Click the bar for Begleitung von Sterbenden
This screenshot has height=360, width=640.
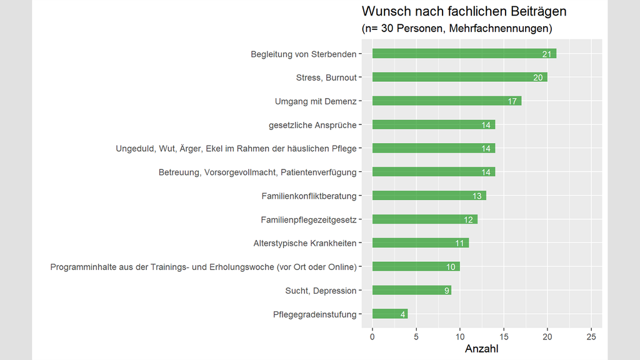[464, 54]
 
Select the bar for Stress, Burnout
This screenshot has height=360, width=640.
[459, 77]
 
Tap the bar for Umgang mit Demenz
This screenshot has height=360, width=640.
[446, 101]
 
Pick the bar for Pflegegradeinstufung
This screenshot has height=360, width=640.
[389, 314]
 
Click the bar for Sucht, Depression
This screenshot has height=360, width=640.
[411, 290]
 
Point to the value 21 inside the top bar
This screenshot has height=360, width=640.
[547, 54]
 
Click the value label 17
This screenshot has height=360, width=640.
[512, 101]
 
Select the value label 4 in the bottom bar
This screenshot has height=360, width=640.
[402, 314]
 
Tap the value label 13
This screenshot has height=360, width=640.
[477, 196]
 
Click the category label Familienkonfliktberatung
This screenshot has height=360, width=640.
[309, 196]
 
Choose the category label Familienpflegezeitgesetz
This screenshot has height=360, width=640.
[308, 219]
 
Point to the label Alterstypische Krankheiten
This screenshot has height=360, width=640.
[304, 243]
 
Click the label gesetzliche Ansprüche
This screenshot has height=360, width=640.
[312, 125]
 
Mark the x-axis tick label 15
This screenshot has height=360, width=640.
[504, 336]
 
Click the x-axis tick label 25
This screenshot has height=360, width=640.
[591, 336]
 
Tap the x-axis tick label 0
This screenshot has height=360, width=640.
[372, 336]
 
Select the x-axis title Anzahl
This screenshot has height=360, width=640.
[482, 349]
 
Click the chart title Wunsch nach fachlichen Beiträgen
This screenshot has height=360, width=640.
[464, 11]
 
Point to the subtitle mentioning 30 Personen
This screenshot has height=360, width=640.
[456, 29]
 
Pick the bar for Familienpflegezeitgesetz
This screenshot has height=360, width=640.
[424, 219]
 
